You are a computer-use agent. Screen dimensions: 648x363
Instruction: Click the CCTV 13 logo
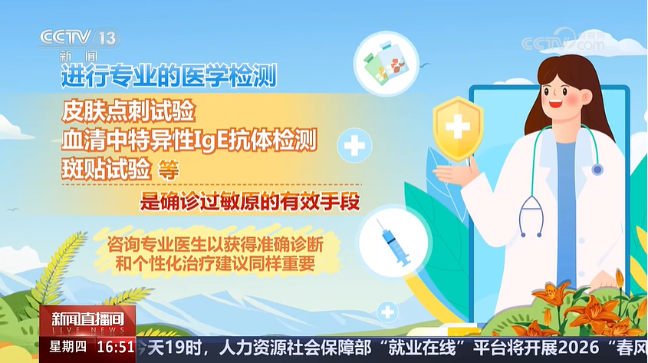point(79,38)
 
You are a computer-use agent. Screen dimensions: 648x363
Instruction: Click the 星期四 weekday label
point(67,347)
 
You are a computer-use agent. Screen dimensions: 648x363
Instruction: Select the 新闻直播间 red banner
point(87,321)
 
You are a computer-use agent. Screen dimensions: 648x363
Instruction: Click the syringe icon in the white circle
point(394,243)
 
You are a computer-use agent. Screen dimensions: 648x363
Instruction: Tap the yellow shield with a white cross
point(458,128)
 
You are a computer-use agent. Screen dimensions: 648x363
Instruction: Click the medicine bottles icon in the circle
point(386,64)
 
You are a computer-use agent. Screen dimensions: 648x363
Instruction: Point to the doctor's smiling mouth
point(555,103)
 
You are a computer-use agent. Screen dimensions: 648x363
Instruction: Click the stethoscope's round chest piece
point(597,169)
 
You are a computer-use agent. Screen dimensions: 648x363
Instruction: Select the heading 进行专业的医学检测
point(169,76)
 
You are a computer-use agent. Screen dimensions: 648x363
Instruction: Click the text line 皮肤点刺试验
point(129,111)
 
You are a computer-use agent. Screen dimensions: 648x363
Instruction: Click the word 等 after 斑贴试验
point(168,170)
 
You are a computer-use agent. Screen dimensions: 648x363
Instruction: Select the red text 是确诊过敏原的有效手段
point(250,202)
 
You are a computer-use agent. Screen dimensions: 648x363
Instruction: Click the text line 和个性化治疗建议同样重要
point(215,264)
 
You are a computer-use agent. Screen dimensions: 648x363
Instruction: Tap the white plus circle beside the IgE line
point(354,146)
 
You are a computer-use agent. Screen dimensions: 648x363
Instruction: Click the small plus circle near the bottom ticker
point(387,312)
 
